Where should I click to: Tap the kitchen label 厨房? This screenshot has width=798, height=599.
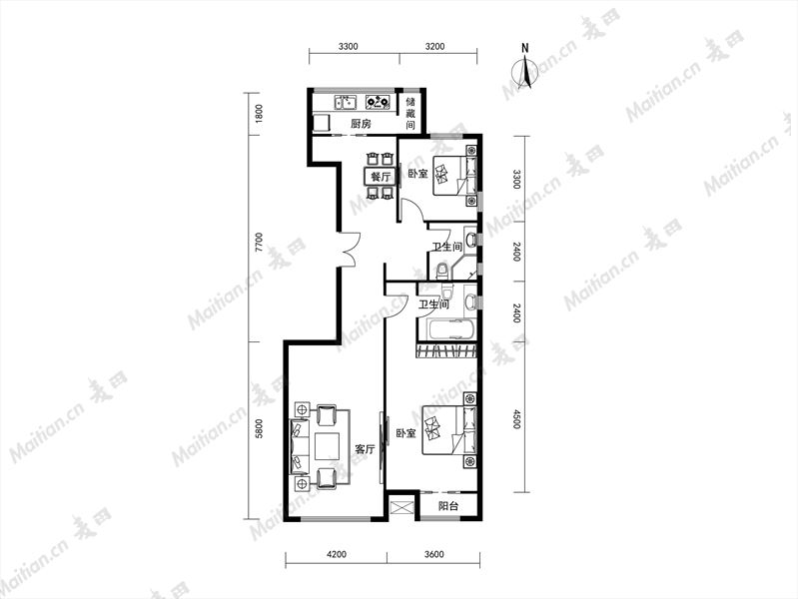point(361,123)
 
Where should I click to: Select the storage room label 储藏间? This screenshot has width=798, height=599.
point(410,113)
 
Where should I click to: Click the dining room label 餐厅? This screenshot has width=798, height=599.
point(381,177)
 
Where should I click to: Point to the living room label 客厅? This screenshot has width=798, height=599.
point(365,449)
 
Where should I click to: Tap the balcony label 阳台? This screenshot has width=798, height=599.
point(448,506)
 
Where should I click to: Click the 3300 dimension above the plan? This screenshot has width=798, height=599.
point(349,46)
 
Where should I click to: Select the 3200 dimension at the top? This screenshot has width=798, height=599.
point(434,46)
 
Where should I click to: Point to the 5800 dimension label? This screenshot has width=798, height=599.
point(259,429)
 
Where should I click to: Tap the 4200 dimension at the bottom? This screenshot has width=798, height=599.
point(337,554)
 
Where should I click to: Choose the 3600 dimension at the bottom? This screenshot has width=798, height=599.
point(433,554)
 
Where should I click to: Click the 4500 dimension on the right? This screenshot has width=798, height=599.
point(516,419)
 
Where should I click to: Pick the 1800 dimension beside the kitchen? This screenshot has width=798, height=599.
point(259,114)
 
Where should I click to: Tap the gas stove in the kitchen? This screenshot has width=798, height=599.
point(379,102)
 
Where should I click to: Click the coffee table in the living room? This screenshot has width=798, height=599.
point(327,445)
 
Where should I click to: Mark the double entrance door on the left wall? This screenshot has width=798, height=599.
point(350,249)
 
